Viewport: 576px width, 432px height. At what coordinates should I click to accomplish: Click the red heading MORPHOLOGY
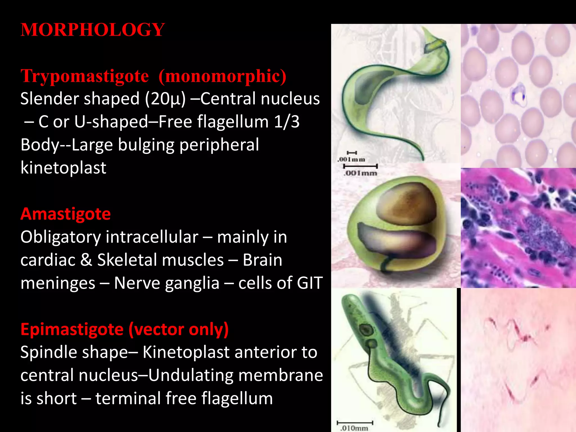click(x=93, y=30)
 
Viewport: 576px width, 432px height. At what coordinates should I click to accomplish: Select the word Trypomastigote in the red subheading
click(x=85, y=76)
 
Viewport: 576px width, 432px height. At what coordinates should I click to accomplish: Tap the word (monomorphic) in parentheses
click(x=222, y=76)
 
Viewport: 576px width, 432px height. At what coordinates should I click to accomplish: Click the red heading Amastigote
click(x=66, y=214)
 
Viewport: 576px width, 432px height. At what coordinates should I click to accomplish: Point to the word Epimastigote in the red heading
click(x=72, y=329)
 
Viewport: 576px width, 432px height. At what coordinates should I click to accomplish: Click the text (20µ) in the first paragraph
click(x=165, y=99)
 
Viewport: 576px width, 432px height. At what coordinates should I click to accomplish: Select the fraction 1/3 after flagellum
click(x=287, y=122)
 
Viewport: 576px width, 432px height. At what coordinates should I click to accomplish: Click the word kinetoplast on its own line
click(x=64, y=168)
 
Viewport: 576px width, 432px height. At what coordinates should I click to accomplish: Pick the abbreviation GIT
click(x=310, y=283)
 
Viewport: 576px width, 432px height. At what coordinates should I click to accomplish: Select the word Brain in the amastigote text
click(x=262, y=260)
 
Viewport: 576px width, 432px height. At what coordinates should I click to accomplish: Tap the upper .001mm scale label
click(x=351, y=159)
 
